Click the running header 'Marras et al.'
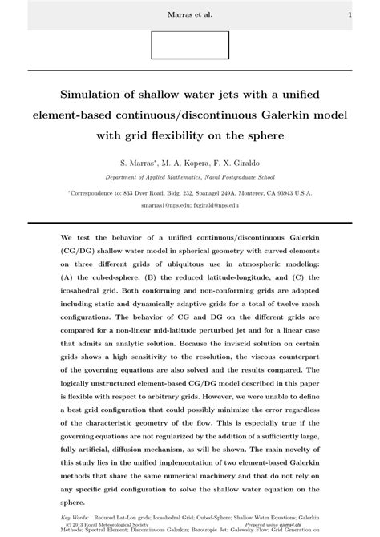[x=189, y=14]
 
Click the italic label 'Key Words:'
[x=76, y=516]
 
